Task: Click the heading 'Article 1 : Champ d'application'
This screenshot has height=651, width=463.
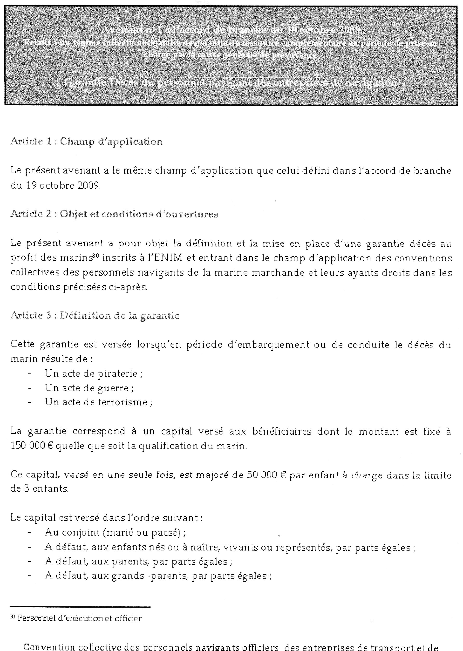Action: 86,141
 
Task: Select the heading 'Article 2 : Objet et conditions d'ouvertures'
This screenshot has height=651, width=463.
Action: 114,214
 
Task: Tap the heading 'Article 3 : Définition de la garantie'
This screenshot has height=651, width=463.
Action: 95,316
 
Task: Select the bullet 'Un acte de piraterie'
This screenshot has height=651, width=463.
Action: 94,373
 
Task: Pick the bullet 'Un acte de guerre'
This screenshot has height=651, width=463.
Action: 89,388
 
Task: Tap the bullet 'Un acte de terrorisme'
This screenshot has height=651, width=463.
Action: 98,402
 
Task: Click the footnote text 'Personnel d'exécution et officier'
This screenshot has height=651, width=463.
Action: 79,618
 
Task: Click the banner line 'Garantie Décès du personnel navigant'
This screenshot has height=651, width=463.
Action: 230,82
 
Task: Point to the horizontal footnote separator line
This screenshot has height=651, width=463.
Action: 80,607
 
